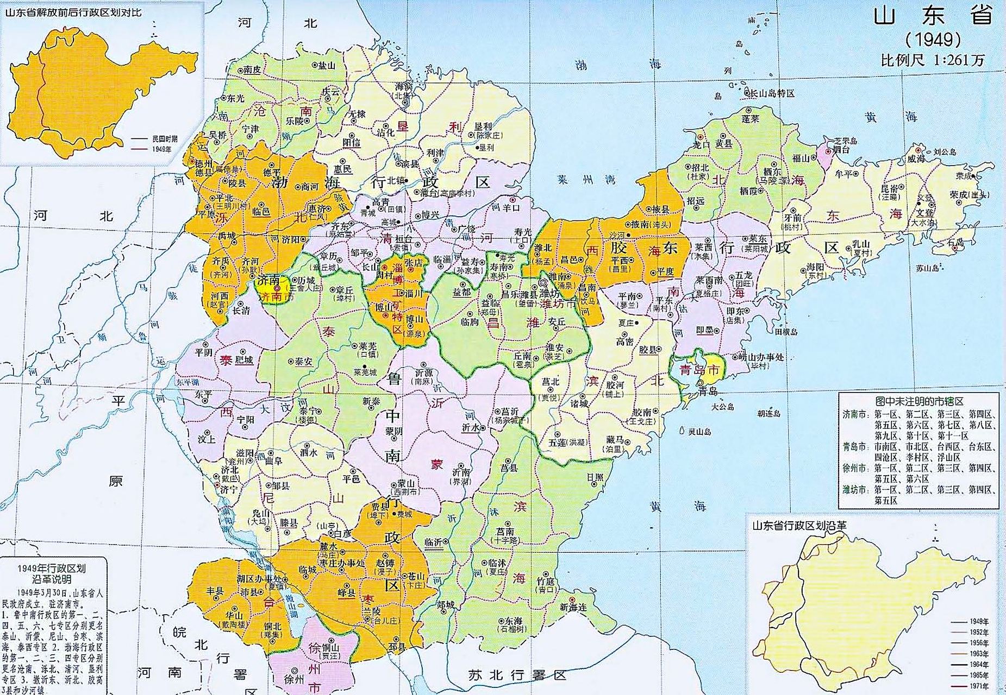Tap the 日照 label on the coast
(x=595, y=477)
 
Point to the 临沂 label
(x=433, y=542)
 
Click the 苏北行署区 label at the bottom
(x=517, y=675)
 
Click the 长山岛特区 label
(x=772, y=93)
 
